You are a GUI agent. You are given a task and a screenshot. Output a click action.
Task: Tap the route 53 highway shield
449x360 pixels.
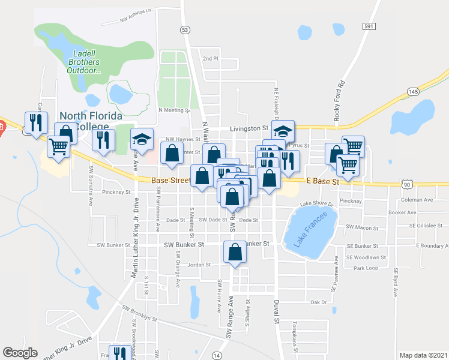tap(185, 29)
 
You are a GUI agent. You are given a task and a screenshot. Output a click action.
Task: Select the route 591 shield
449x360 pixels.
tap(369, 26)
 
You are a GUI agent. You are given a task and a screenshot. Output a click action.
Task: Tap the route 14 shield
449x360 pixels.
tap(216, 356)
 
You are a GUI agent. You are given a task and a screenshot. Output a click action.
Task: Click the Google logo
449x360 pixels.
tap(20, 353)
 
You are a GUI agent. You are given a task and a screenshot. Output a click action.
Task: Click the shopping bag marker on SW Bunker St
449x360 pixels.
tap(235, 253)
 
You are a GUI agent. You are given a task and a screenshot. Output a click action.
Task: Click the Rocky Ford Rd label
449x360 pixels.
tap(340, 100)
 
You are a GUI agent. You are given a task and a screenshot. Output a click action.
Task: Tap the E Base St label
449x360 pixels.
tap(323, 180)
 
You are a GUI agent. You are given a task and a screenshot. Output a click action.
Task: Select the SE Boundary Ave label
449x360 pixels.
tap(427, 246)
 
